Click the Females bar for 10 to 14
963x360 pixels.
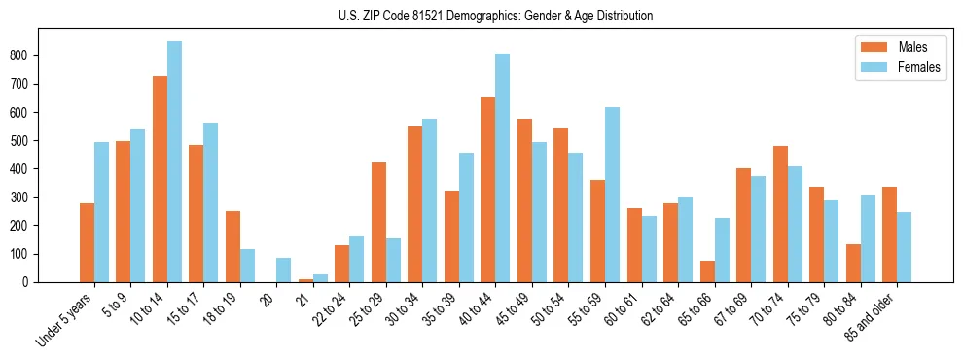point(174,162)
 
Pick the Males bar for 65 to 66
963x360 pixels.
point(707,271)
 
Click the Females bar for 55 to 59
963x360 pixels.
point(612,195)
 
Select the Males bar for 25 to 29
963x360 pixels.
point(378,222)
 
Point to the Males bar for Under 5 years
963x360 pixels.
point(87,242)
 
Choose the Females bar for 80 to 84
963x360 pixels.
point(868,238)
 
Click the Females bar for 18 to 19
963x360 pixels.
point(247,266)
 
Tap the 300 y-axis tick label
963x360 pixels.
point(27,198)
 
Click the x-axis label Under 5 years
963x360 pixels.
point(65,317)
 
